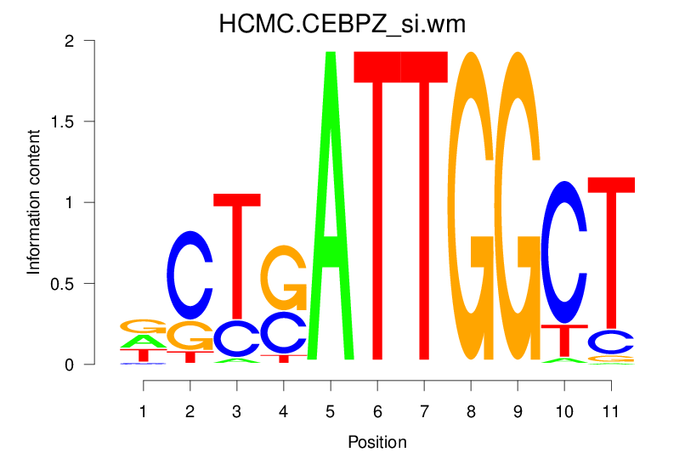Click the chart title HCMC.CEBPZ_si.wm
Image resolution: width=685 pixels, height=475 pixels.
click(x=342, y=25)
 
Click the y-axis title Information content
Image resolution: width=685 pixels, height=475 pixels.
click(x=34, y=202)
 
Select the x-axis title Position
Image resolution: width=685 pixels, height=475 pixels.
click(x=377, y=443)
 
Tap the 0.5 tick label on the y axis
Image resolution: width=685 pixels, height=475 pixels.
click(x=74, y=284)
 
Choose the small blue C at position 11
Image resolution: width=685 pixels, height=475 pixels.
click(x=611, y=342)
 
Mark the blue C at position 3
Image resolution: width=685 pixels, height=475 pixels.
click(x=237, y=338)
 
